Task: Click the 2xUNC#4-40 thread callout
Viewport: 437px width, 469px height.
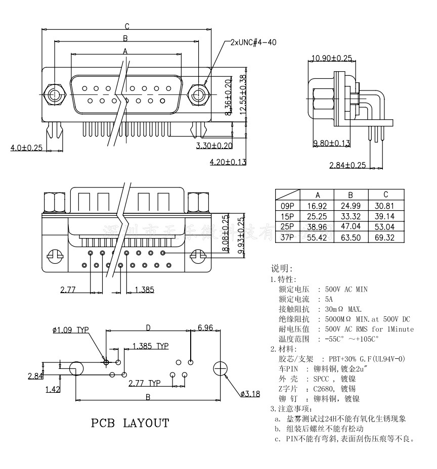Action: coord(253,42)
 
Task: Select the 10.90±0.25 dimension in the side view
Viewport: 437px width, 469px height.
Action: coord(332,59)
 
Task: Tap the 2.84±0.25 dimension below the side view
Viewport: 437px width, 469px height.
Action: coord(347,165)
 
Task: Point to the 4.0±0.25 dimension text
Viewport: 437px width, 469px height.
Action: coord(26,148)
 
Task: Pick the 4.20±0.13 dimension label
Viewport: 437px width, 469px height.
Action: coord(228,162)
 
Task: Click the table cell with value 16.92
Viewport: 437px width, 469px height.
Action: coord(317,206)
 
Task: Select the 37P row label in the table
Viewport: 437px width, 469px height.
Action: coord(287,237)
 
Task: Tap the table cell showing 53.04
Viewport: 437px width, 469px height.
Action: coord(385,227)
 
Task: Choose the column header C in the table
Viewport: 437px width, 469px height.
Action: coord(385,195)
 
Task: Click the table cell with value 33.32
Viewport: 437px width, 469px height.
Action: coord(351,216)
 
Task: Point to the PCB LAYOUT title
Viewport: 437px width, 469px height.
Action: coord(130,423)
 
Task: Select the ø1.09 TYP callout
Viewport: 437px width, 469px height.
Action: coord(70,330)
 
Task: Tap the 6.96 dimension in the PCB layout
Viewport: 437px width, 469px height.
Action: coord(205,328)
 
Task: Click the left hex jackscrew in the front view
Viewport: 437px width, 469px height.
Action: coord(54,94)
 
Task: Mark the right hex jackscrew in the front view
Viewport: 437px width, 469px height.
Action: coord(198,94)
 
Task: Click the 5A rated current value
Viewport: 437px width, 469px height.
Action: coord(329,299)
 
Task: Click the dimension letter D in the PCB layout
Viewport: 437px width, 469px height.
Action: coord(148,327)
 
